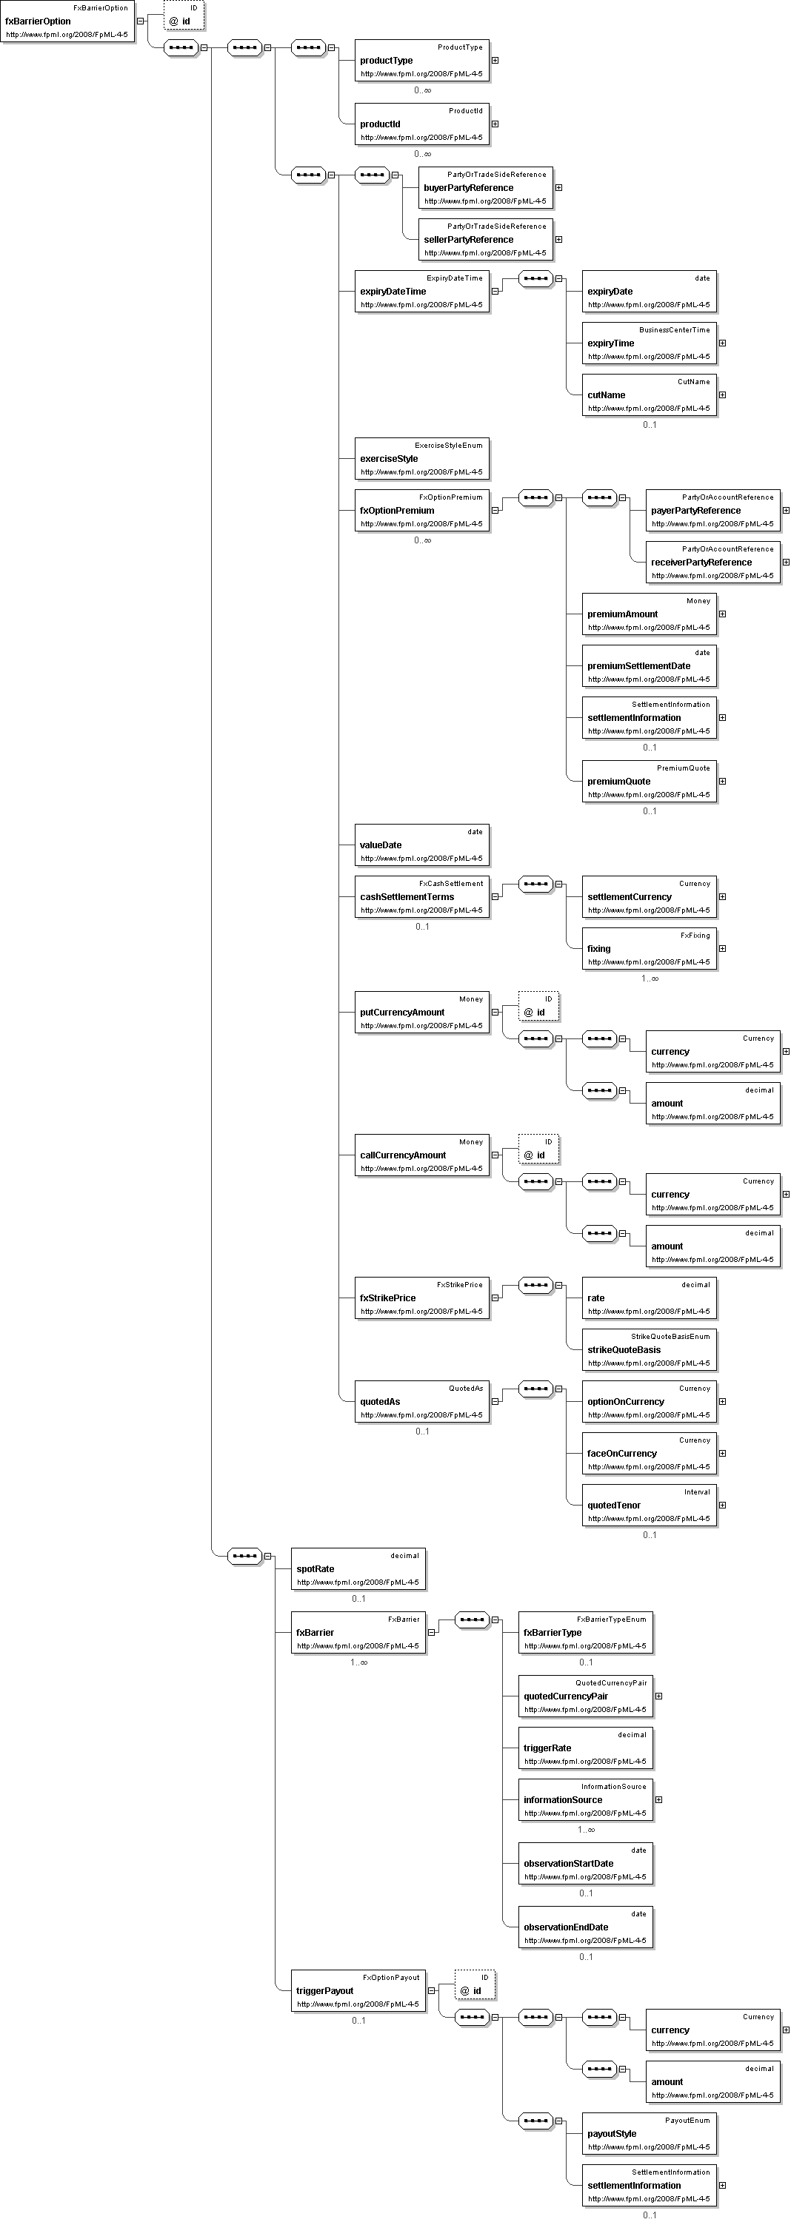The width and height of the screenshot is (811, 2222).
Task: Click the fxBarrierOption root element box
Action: tap(67, 22)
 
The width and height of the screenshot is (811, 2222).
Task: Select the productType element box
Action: tap(422, 61)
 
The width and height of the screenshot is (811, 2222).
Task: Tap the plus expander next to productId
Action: tap(495, 124)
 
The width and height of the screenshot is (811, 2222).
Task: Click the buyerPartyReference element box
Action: tap(486, 188)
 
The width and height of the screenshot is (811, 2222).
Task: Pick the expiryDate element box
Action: tap(649, 292)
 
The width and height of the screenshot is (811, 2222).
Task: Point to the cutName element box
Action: tap(649, 395)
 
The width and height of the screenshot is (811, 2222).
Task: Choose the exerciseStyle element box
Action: tap(422, 459)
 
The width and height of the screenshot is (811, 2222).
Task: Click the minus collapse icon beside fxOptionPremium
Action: tap(495, 511)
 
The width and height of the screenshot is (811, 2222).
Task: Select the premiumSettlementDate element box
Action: tap(649, 666)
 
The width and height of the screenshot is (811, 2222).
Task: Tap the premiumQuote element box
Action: tap(649, 782)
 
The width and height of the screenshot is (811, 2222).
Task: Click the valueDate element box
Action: tap(422, 845)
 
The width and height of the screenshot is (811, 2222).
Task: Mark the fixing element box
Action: tap(649, 949)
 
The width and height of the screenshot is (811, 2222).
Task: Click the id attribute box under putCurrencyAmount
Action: tap(539, 1007)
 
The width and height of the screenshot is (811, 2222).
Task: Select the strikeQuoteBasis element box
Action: tap(649, 1350)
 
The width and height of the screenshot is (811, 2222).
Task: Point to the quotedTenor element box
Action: tap(649, 1506)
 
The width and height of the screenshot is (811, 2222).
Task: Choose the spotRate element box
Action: tap(358, 1569)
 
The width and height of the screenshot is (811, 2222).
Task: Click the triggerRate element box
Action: tap(585, 1748)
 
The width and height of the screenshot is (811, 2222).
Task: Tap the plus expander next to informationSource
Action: tap(659, 1800)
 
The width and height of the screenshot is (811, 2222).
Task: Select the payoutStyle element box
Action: tap(649, 2134)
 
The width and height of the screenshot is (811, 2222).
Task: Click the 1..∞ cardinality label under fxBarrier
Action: tap(358, 1663)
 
